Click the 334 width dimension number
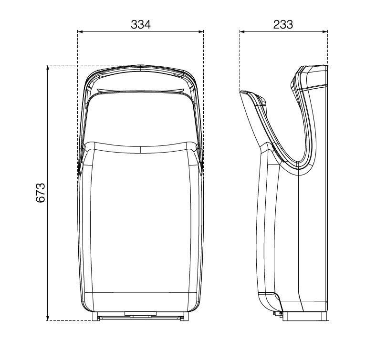point(141,24)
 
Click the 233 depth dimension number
point(283,24)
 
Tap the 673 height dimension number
point(41,193)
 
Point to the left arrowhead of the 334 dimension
point(80,31)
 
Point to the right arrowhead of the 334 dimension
point(201,31)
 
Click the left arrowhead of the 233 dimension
point(242,31)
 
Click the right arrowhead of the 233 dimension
point(324,31)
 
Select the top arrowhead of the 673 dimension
point(48,68)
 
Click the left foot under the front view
point(95,316)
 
